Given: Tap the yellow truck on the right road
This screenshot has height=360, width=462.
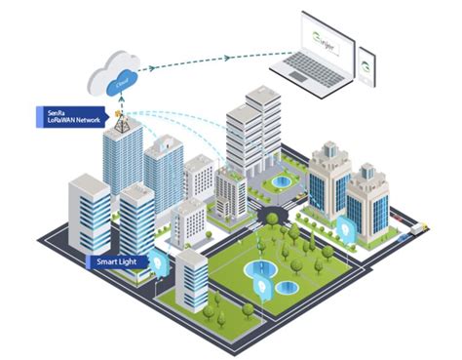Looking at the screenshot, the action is point(420,227).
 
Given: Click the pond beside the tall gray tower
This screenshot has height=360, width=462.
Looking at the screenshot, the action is point(282,181).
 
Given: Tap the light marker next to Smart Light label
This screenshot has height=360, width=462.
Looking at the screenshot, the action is point(160,262).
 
